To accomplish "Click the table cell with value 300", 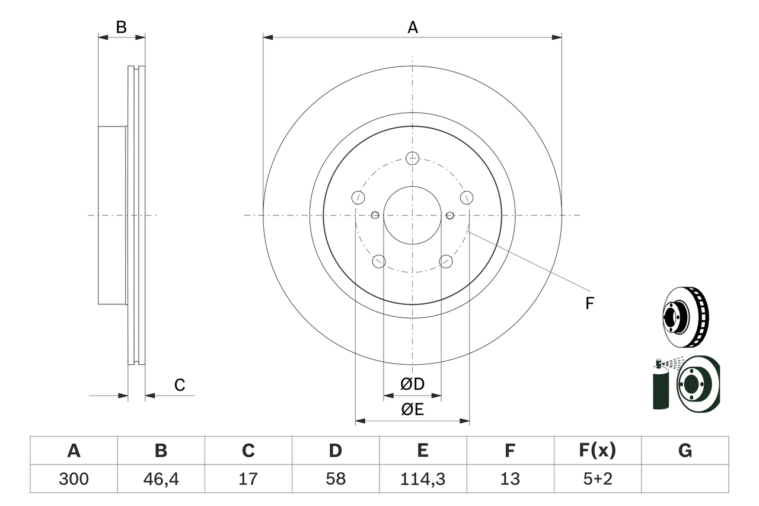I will pos(74,479).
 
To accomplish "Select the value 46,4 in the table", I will pos(161,479).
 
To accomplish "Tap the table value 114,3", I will pos(422,479).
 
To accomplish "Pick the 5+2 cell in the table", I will pos(597,479).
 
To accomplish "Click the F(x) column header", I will pos(597,451).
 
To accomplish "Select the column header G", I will pos(685,451).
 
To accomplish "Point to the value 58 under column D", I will pos(335,479).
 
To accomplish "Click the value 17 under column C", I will pos(248,479).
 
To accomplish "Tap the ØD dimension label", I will pos(413,384).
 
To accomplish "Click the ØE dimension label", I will pos(413,409).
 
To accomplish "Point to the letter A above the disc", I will pos(412,27).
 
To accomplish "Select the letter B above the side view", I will pos(121,27).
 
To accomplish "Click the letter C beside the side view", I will pos(180,385).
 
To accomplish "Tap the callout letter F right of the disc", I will pos(589,304).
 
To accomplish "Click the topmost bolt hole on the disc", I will pos(413,158).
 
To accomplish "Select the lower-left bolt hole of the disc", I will pos(378,261).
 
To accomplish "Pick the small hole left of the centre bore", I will pos(375,215).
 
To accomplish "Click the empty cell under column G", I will pos(685,479).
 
